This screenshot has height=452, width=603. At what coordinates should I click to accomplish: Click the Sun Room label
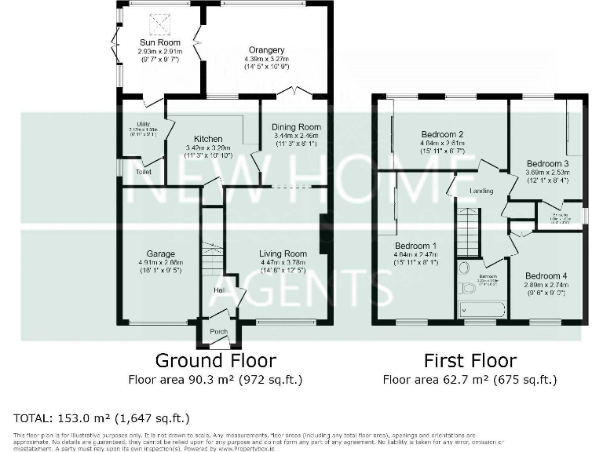(160, 42)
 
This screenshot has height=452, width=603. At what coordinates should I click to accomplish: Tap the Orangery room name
(266, 49)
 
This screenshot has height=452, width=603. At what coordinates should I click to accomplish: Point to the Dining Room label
(297, 127)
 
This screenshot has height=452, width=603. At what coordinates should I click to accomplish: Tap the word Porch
(219, 332)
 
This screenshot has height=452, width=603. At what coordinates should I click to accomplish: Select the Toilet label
(143, 172)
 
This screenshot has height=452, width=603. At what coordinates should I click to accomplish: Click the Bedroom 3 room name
(546, 162)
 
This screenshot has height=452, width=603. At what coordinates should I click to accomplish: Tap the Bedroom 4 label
(546, 276)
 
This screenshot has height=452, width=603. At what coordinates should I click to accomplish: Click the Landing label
(481, 190)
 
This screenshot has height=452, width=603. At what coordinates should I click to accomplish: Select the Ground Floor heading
(215, 361)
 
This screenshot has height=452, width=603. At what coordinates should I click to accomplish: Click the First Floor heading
(470, 361)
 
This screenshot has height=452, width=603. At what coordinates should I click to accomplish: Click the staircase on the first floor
(468, 232)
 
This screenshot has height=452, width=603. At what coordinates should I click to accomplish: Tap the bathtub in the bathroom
(482, 309)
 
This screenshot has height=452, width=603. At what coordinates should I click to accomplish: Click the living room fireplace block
(323, 235)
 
